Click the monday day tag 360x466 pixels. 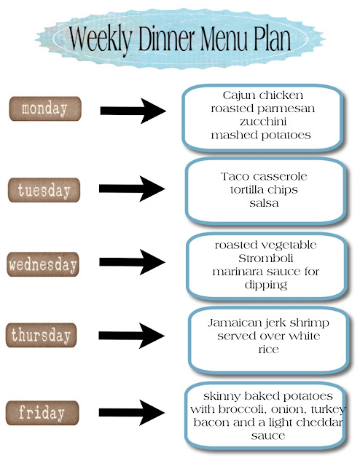point(45,108)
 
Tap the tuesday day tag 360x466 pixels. point(44,190)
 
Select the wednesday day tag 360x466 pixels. point(43,264)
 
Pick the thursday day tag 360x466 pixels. point(41,335)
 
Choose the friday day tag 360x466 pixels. point(42,413)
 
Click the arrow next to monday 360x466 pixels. point(133,111)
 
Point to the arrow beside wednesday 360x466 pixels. point(132,262)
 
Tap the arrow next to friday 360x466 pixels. point(132,413)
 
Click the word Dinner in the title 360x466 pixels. point(167,39)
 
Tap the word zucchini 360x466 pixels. point(263,122)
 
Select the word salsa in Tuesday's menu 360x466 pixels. point(265,203)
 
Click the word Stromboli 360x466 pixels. point(266,258)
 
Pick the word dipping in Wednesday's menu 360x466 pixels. point(266,285)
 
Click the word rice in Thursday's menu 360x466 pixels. point(269,349)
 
